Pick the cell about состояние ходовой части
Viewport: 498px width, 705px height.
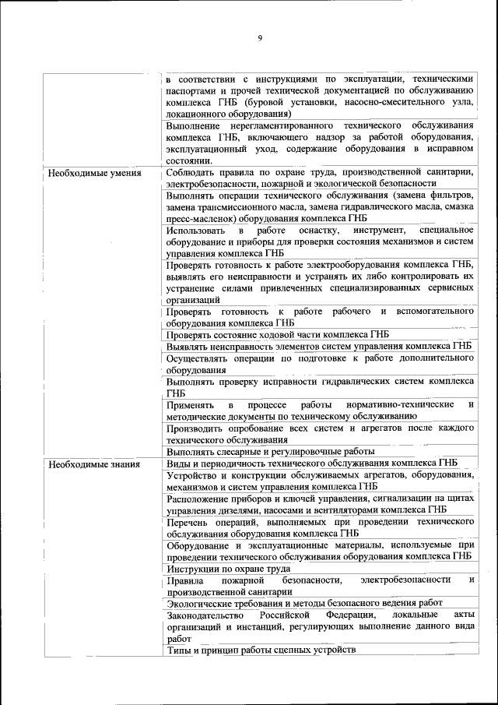277,334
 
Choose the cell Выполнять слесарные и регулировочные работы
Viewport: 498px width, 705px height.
271,451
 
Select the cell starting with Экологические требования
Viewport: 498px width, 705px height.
304,602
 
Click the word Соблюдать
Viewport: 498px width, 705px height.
191,172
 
